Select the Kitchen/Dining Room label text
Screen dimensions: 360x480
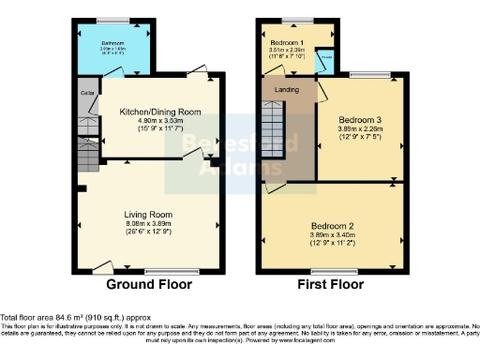[x=159, y=112]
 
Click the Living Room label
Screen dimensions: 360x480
[x=147, y=214]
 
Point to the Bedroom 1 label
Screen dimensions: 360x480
[x=288, y=44]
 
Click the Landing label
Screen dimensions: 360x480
[x=286, y=90]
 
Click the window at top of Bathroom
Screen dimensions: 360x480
[x=112, y=20]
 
